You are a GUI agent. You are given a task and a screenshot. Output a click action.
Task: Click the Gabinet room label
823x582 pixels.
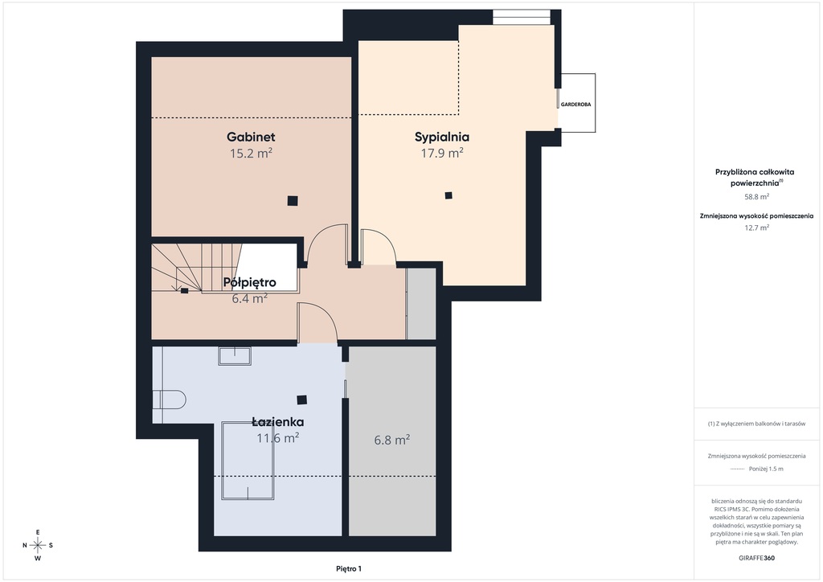[x=251, y=137]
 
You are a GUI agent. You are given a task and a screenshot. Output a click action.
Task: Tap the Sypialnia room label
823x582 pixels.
[x=442, y=137]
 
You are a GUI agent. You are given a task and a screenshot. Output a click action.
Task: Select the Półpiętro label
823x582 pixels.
[x=250, y=282]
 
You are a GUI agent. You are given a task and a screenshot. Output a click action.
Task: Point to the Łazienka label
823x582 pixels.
[x=277, y=421]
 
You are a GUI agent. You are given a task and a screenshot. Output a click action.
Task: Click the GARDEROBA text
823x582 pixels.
[x=575, y=105]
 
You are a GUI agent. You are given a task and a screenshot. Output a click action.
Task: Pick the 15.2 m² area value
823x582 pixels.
[x=251, y=154]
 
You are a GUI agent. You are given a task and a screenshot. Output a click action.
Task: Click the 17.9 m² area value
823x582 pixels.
[x=442, y=153]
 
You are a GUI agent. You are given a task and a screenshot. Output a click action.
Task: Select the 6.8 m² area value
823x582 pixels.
[x=392, y=440]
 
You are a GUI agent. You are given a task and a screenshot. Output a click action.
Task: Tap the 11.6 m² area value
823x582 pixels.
[x=277, y=437]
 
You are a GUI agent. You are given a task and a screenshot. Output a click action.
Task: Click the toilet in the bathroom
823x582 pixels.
[x=169, y=400]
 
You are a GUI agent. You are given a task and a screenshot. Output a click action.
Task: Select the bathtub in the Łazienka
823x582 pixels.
[x=248, y=461]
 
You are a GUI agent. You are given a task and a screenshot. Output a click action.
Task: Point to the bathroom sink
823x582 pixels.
[x=235, y=355]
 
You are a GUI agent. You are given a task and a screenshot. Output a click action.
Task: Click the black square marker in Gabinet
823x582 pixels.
[x=293, y=200]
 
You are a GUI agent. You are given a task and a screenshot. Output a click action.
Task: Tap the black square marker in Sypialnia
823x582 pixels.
[x=448, y=196]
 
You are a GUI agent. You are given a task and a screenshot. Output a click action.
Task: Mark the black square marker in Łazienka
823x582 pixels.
[x=302, y=400]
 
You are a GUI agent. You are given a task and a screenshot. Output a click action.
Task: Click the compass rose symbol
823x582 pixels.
[x=38, y=545]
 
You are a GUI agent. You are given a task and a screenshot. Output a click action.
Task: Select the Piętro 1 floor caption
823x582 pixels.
[x=349, y=569]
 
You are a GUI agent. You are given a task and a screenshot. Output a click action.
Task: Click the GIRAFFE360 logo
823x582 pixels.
[x=756, y=558]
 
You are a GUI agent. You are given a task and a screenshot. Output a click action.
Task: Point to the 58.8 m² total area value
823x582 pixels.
[x=756, y=197]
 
